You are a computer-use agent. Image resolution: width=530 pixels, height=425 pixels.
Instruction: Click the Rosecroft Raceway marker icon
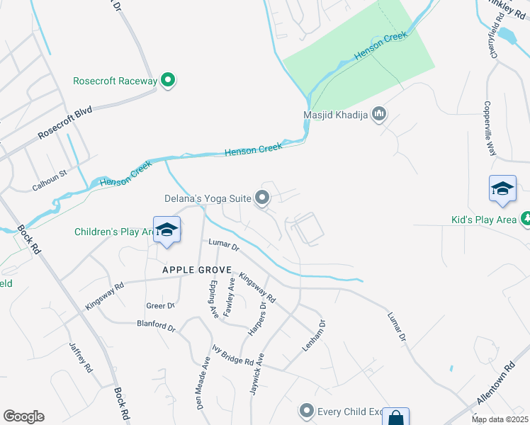pos(168,81)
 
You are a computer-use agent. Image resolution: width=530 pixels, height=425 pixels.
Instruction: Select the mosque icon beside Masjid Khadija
pos(379,114)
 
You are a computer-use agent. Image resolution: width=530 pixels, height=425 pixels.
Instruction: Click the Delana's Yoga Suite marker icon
pos(263,199)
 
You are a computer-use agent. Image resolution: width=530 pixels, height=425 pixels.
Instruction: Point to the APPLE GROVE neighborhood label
pos(196,270)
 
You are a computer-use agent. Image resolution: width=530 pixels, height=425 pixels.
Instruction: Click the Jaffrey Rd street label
pos(80,358)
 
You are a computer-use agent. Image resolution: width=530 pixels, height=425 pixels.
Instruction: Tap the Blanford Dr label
pos(156,326)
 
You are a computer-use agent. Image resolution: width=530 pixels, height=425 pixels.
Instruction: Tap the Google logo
pos(23,416)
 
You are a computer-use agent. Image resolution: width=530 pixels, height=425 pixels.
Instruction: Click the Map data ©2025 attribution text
pos(500,419)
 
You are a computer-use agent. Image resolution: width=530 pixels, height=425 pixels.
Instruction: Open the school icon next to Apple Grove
pos(167,229)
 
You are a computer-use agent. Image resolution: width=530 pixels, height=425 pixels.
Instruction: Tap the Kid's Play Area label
pos(484,220)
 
